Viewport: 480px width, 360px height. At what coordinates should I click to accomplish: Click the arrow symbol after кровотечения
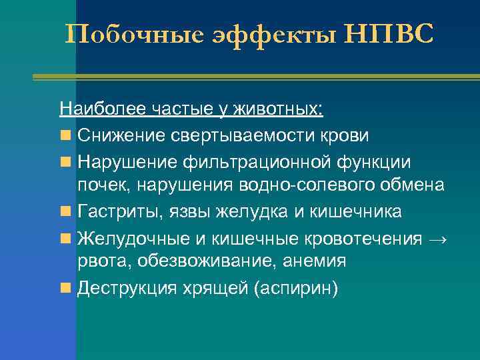[x=439, y=238]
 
